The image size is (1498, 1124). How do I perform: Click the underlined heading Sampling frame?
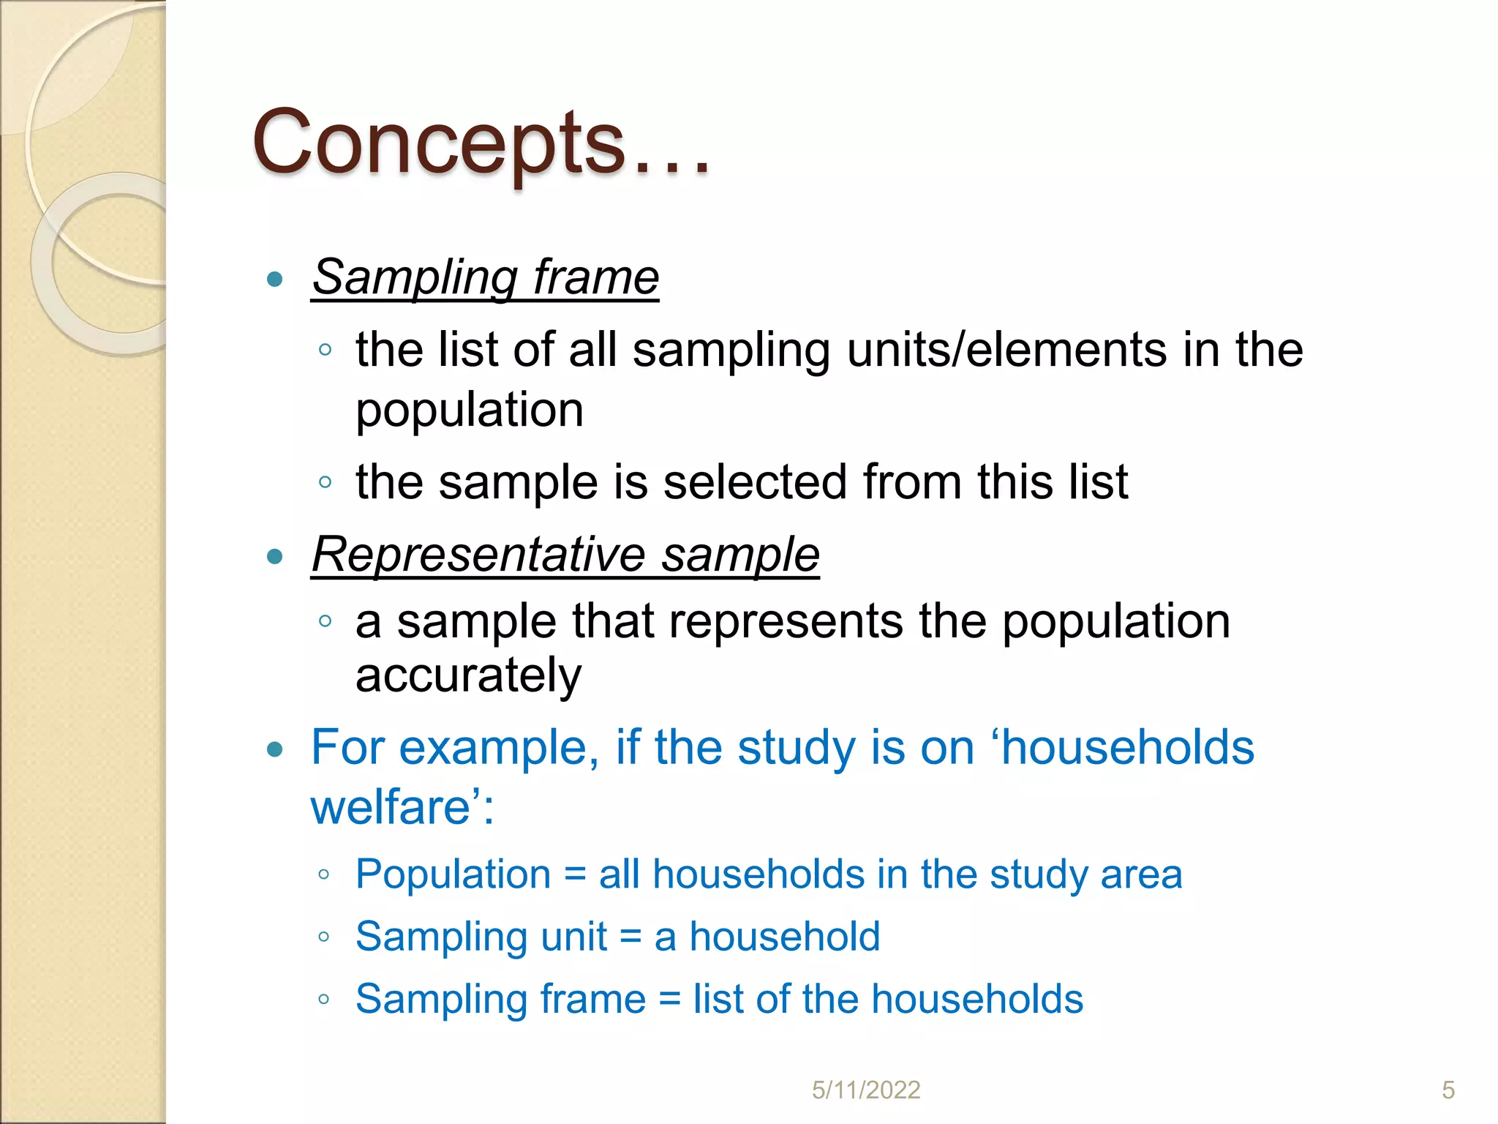click(486, 278)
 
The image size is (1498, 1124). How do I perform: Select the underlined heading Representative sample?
click(565, 555)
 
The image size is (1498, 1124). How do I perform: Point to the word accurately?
click(468, 676)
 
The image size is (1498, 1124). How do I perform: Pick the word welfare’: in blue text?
click(402, 808)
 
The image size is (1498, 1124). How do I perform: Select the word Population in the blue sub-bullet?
click(453, 874)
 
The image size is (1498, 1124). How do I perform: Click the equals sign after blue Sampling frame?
click(669, 1000)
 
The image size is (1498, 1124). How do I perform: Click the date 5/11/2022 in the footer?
click(866, 1090)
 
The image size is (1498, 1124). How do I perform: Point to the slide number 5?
click(1448, 1090)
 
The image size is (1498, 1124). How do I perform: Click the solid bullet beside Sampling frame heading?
click(275, 279)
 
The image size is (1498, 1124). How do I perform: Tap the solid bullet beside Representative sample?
click(275, 557)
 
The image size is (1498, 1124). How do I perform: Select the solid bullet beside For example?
click(275, 750)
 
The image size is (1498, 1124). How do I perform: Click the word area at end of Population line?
click(1141, 874)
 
